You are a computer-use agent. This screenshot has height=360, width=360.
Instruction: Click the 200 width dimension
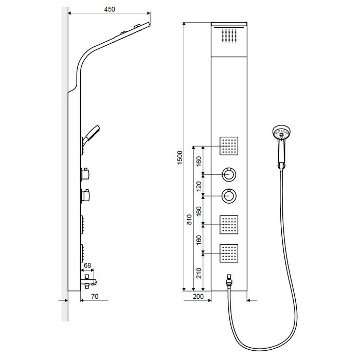tap(197, 296)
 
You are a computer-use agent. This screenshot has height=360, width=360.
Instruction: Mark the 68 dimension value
tap(87, 266)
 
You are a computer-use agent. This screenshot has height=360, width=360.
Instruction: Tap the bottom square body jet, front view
tap(230, 253)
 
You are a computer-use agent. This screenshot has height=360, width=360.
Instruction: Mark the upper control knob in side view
tap(87, 174)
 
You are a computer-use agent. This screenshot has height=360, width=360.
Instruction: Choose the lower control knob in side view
tap(87, 195)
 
